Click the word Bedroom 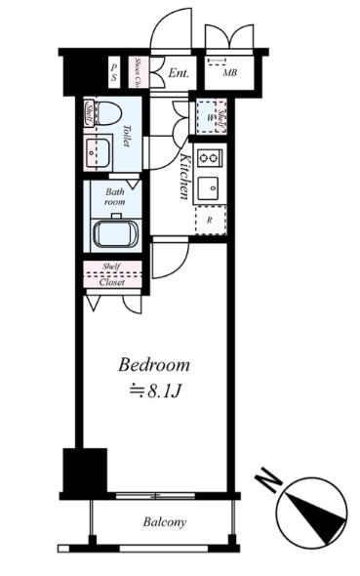(x=154, y=366)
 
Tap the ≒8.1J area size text (x=154, y=392)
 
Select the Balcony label (x=164, y=522)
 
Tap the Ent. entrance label (x=179, y=73)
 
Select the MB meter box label (x=230, y=73)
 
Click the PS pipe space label (x=114, y=71)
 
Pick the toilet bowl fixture (x=107, y=111)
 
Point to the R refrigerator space (x=210, y=221)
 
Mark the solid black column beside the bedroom (x=83, y=471)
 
